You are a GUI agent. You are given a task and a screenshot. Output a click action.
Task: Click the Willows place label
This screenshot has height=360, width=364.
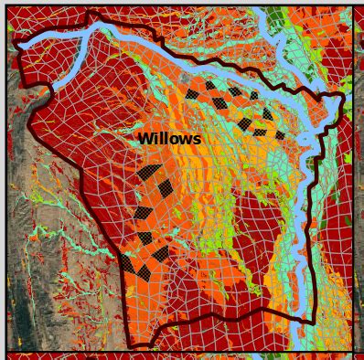point(168,139)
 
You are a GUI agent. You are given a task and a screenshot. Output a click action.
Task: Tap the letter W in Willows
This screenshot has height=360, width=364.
point(145,139)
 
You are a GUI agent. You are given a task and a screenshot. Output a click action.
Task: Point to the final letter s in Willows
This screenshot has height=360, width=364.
point(196,139)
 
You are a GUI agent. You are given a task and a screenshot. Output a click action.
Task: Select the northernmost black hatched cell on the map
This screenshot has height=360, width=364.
point(210,85)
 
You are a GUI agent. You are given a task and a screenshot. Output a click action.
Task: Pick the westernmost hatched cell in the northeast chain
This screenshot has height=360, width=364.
point(191,93)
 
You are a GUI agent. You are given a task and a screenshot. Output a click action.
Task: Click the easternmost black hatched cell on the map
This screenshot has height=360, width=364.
point(280,135)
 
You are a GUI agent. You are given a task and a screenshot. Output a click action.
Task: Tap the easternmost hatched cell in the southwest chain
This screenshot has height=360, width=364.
point(166,188)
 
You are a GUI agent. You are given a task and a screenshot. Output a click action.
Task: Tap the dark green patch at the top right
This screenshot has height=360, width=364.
point(275,15)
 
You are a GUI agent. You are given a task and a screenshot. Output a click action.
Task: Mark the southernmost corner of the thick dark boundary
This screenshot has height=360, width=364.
point(135,345)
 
